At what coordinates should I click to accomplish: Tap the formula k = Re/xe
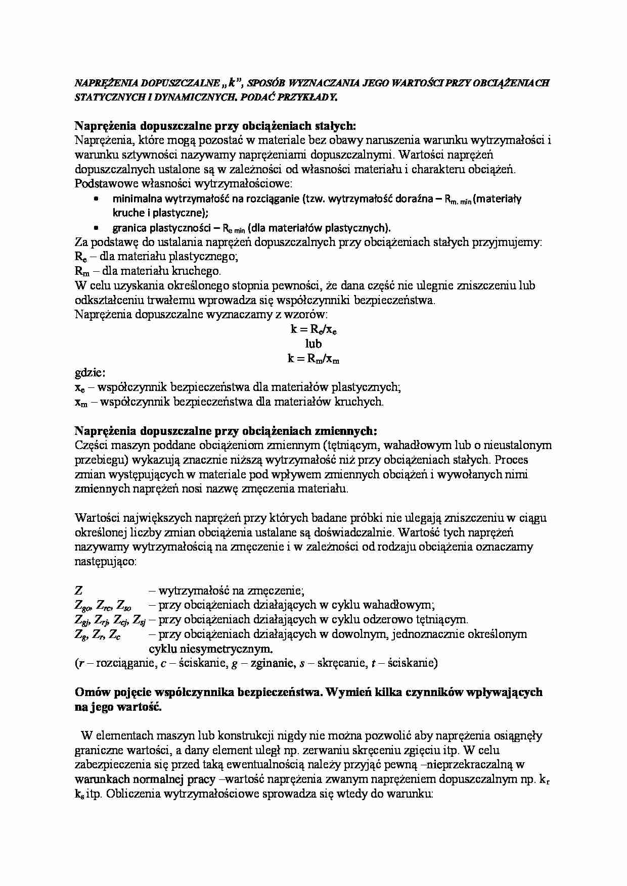pos(313,330)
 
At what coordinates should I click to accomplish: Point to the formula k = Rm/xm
pos(313,359)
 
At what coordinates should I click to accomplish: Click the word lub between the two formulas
pos(313,344)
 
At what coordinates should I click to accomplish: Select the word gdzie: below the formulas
pos(90,373)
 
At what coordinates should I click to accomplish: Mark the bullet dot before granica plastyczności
pos(97,227)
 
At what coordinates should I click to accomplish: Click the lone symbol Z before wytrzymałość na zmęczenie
pos(79,590)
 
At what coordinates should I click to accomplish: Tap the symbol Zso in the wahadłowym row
pos(124,605)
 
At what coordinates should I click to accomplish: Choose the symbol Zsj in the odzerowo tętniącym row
pos(140,620)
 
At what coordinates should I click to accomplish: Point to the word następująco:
pos(105,561)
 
